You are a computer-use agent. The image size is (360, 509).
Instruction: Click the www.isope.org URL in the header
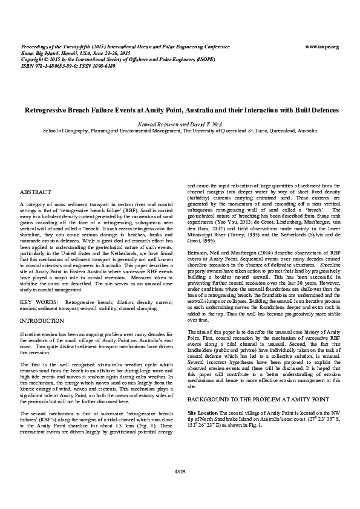[x=322, y=47]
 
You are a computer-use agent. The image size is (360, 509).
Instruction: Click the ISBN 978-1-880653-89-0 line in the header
[x=57, y=66]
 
